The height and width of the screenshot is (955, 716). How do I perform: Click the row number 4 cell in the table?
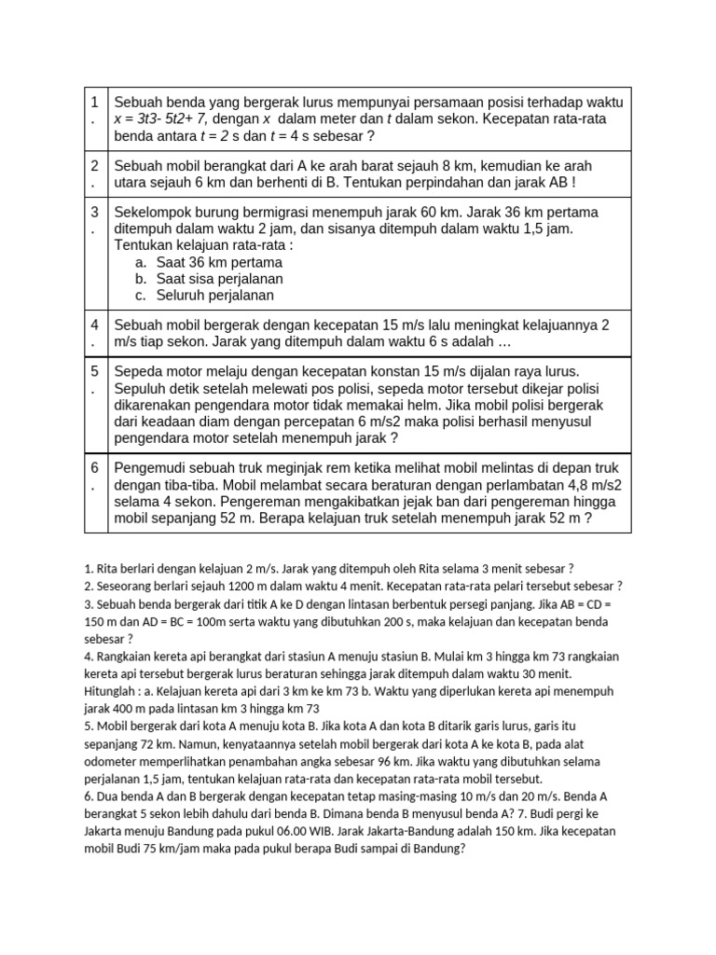(x=96, y=334)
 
